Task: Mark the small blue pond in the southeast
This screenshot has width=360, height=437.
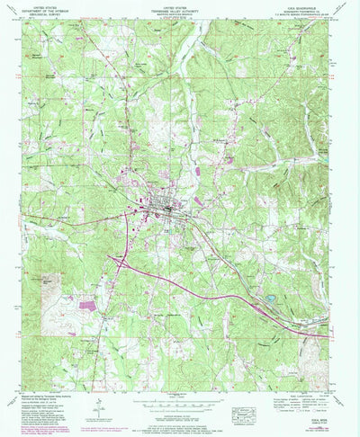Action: [x=270, y=297]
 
